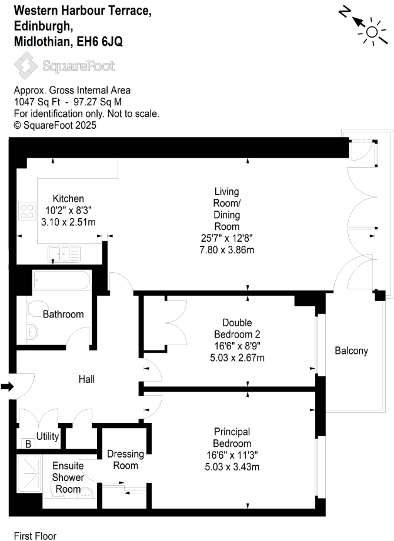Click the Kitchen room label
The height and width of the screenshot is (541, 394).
point(68,199)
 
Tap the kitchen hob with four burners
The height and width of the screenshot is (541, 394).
point(27,211)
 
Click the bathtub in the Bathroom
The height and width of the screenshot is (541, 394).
point(61,280)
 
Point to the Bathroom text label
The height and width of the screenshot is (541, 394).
point(63,315)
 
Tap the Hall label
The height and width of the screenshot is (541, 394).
point(86,379)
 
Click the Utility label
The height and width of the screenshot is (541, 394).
point(48,436)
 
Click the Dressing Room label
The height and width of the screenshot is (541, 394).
point(125,460)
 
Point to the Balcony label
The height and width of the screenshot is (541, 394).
point(351,351)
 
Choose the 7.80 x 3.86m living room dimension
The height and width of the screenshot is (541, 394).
point(226,250)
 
